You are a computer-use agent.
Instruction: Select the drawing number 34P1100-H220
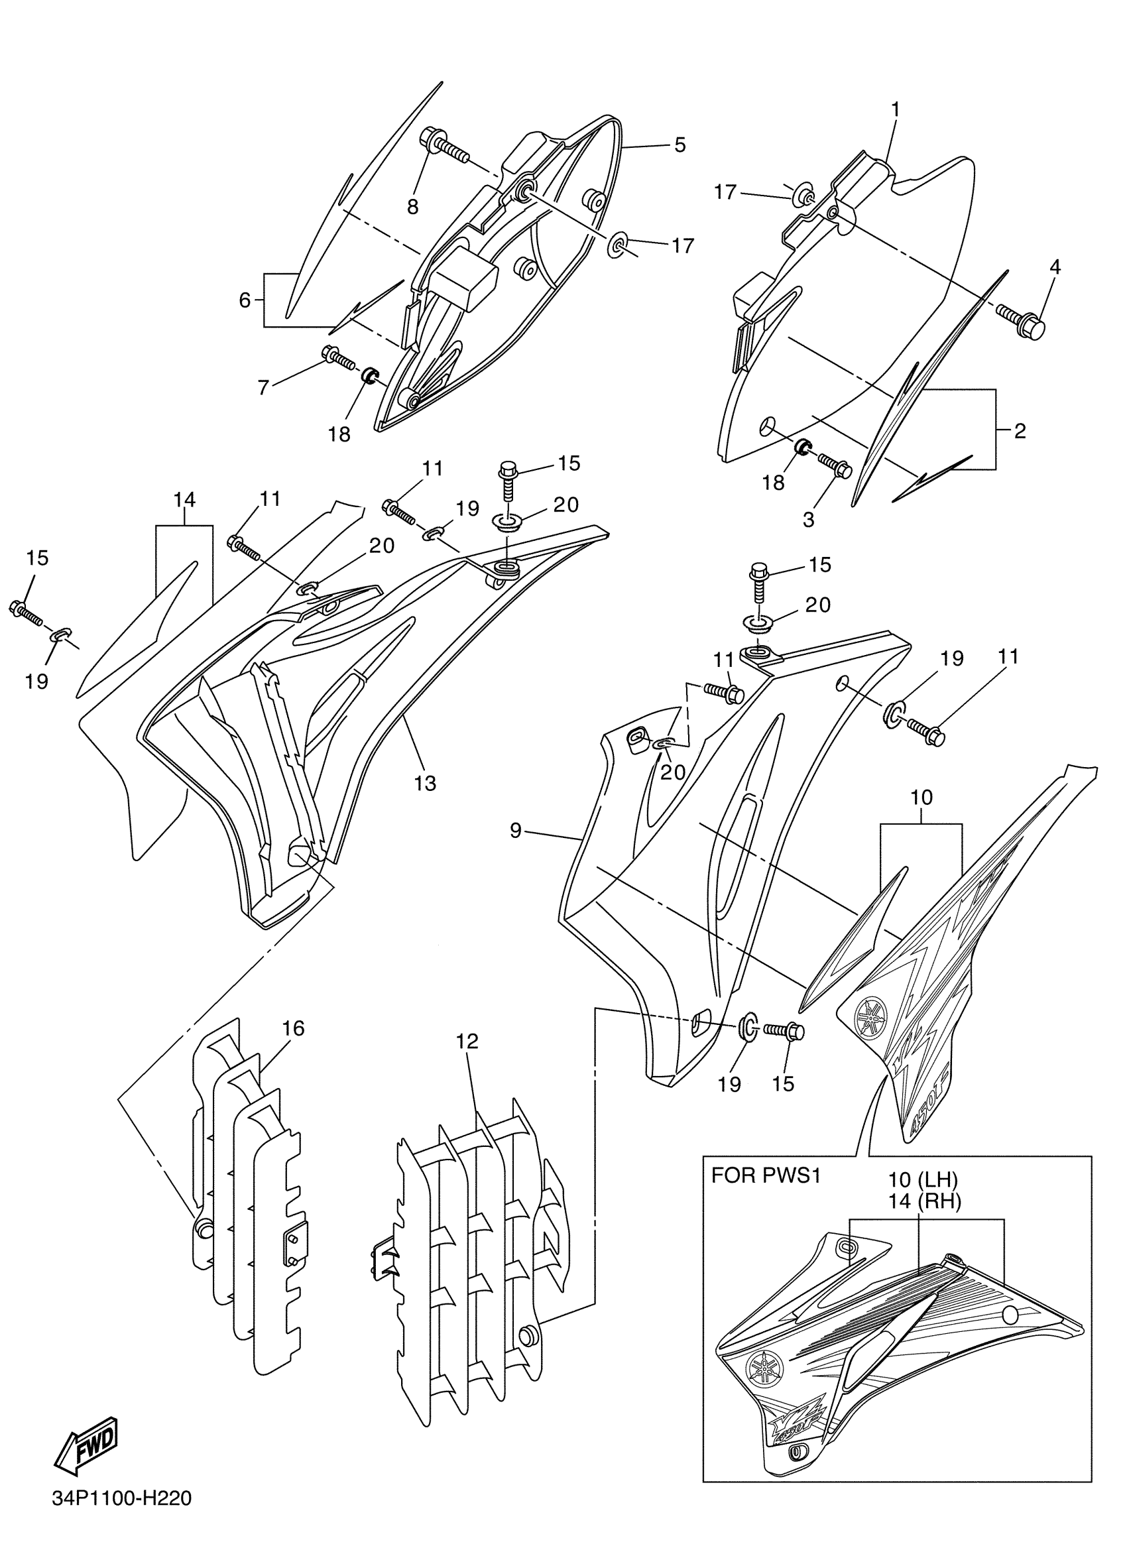coord(121,1516)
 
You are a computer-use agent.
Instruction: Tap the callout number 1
coord(895,110)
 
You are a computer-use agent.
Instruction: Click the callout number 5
coord(679,145)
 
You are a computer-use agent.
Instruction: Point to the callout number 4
coord(1055,267)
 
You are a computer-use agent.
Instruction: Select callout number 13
coord(426,783)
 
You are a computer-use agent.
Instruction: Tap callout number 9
coord(516,831)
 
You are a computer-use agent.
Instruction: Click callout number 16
coord(293,1047)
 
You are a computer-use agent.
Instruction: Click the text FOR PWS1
coord(766,1195)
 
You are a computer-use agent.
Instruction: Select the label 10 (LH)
coord(923,1199)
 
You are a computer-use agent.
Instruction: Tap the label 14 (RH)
coord(924,1220)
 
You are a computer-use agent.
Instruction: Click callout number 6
coord(245,300)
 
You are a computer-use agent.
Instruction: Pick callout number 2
coord(1020,431)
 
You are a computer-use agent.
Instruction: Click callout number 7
coord(263,388)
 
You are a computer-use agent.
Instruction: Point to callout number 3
coord(809,519)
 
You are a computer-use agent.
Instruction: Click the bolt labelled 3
coord(833,465)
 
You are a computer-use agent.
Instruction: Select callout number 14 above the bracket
coord(184,499)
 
